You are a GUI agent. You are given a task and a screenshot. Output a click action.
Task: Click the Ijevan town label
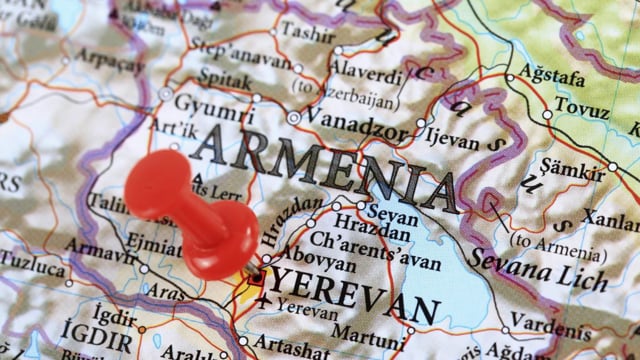tap(453, 140)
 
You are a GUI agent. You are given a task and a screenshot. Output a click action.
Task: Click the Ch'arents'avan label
tap(376, 247)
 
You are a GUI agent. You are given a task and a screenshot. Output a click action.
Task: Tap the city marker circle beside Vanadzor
tap(293, 117)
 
